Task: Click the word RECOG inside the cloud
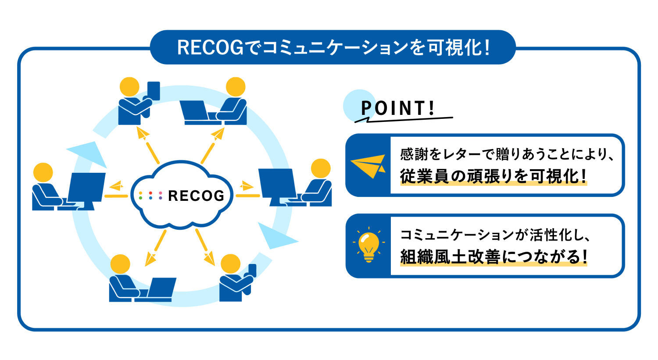[196, 196]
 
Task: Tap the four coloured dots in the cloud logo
[150, 196]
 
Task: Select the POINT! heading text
[397, 108]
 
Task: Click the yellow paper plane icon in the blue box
[368, 165]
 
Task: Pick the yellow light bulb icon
[368, 246]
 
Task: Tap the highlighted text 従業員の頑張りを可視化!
[493, 176]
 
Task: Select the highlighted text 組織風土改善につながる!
[493, 257]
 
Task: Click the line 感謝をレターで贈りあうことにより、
[507, 154]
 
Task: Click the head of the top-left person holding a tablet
[129, 87]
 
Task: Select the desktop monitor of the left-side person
[86, 187]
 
